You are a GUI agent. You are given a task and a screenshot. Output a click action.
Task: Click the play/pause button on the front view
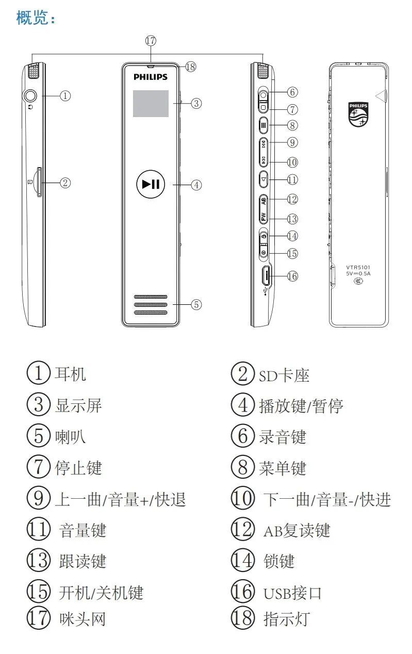click(151, 184)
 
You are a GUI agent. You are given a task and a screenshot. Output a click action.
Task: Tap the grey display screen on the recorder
click(151, 103)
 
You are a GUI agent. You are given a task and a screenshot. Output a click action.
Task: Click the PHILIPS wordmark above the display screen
click(151, 77)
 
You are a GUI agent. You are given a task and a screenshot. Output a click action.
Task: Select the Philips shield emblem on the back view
click(359, 114)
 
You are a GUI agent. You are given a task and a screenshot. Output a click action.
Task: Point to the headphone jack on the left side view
click(30, 95)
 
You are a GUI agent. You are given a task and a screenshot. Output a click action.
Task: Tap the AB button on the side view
click(263, 200)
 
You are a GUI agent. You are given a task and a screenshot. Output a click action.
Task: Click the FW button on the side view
click(263, 217)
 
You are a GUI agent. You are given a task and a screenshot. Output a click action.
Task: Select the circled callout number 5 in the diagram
click(196, 304)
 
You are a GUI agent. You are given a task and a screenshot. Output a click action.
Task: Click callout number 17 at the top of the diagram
click(151, 40)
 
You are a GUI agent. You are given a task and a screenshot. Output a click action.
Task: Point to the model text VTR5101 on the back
click(358, 267)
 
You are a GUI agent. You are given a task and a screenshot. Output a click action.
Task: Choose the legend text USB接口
click(292, 593)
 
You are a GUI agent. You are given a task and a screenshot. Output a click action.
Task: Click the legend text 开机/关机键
click(101, 593)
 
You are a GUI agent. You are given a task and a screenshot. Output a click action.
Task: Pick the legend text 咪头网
click(83, 618)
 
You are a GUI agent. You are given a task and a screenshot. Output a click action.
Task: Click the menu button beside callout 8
click(263, 124)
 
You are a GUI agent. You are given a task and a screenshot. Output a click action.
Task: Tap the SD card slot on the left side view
click(39, 182)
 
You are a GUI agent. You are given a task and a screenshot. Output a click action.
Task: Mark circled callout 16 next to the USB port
click(292, 276)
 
